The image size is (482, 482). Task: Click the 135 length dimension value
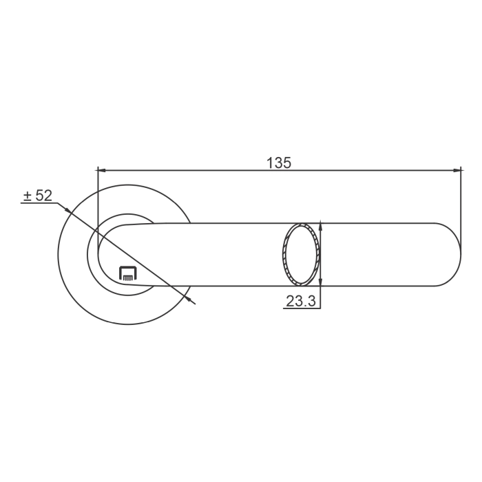[279, 163]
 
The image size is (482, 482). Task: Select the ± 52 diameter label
[37, 196]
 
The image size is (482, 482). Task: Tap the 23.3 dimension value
[300, 301]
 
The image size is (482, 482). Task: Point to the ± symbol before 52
[27, 197]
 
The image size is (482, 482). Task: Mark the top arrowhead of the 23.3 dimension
[321, 227]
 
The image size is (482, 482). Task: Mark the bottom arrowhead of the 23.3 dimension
[321, 282]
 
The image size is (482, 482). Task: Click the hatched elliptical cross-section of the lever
[302, 254]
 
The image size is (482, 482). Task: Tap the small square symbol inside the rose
[128, 273]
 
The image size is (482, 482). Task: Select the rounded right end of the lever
[451, 254]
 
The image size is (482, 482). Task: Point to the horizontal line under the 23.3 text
[302, 308]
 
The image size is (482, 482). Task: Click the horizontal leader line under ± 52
[38, 205]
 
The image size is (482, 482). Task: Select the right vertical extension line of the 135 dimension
[461, 207]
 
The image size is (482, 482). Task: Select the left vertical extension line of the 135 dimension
[98, 207]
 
